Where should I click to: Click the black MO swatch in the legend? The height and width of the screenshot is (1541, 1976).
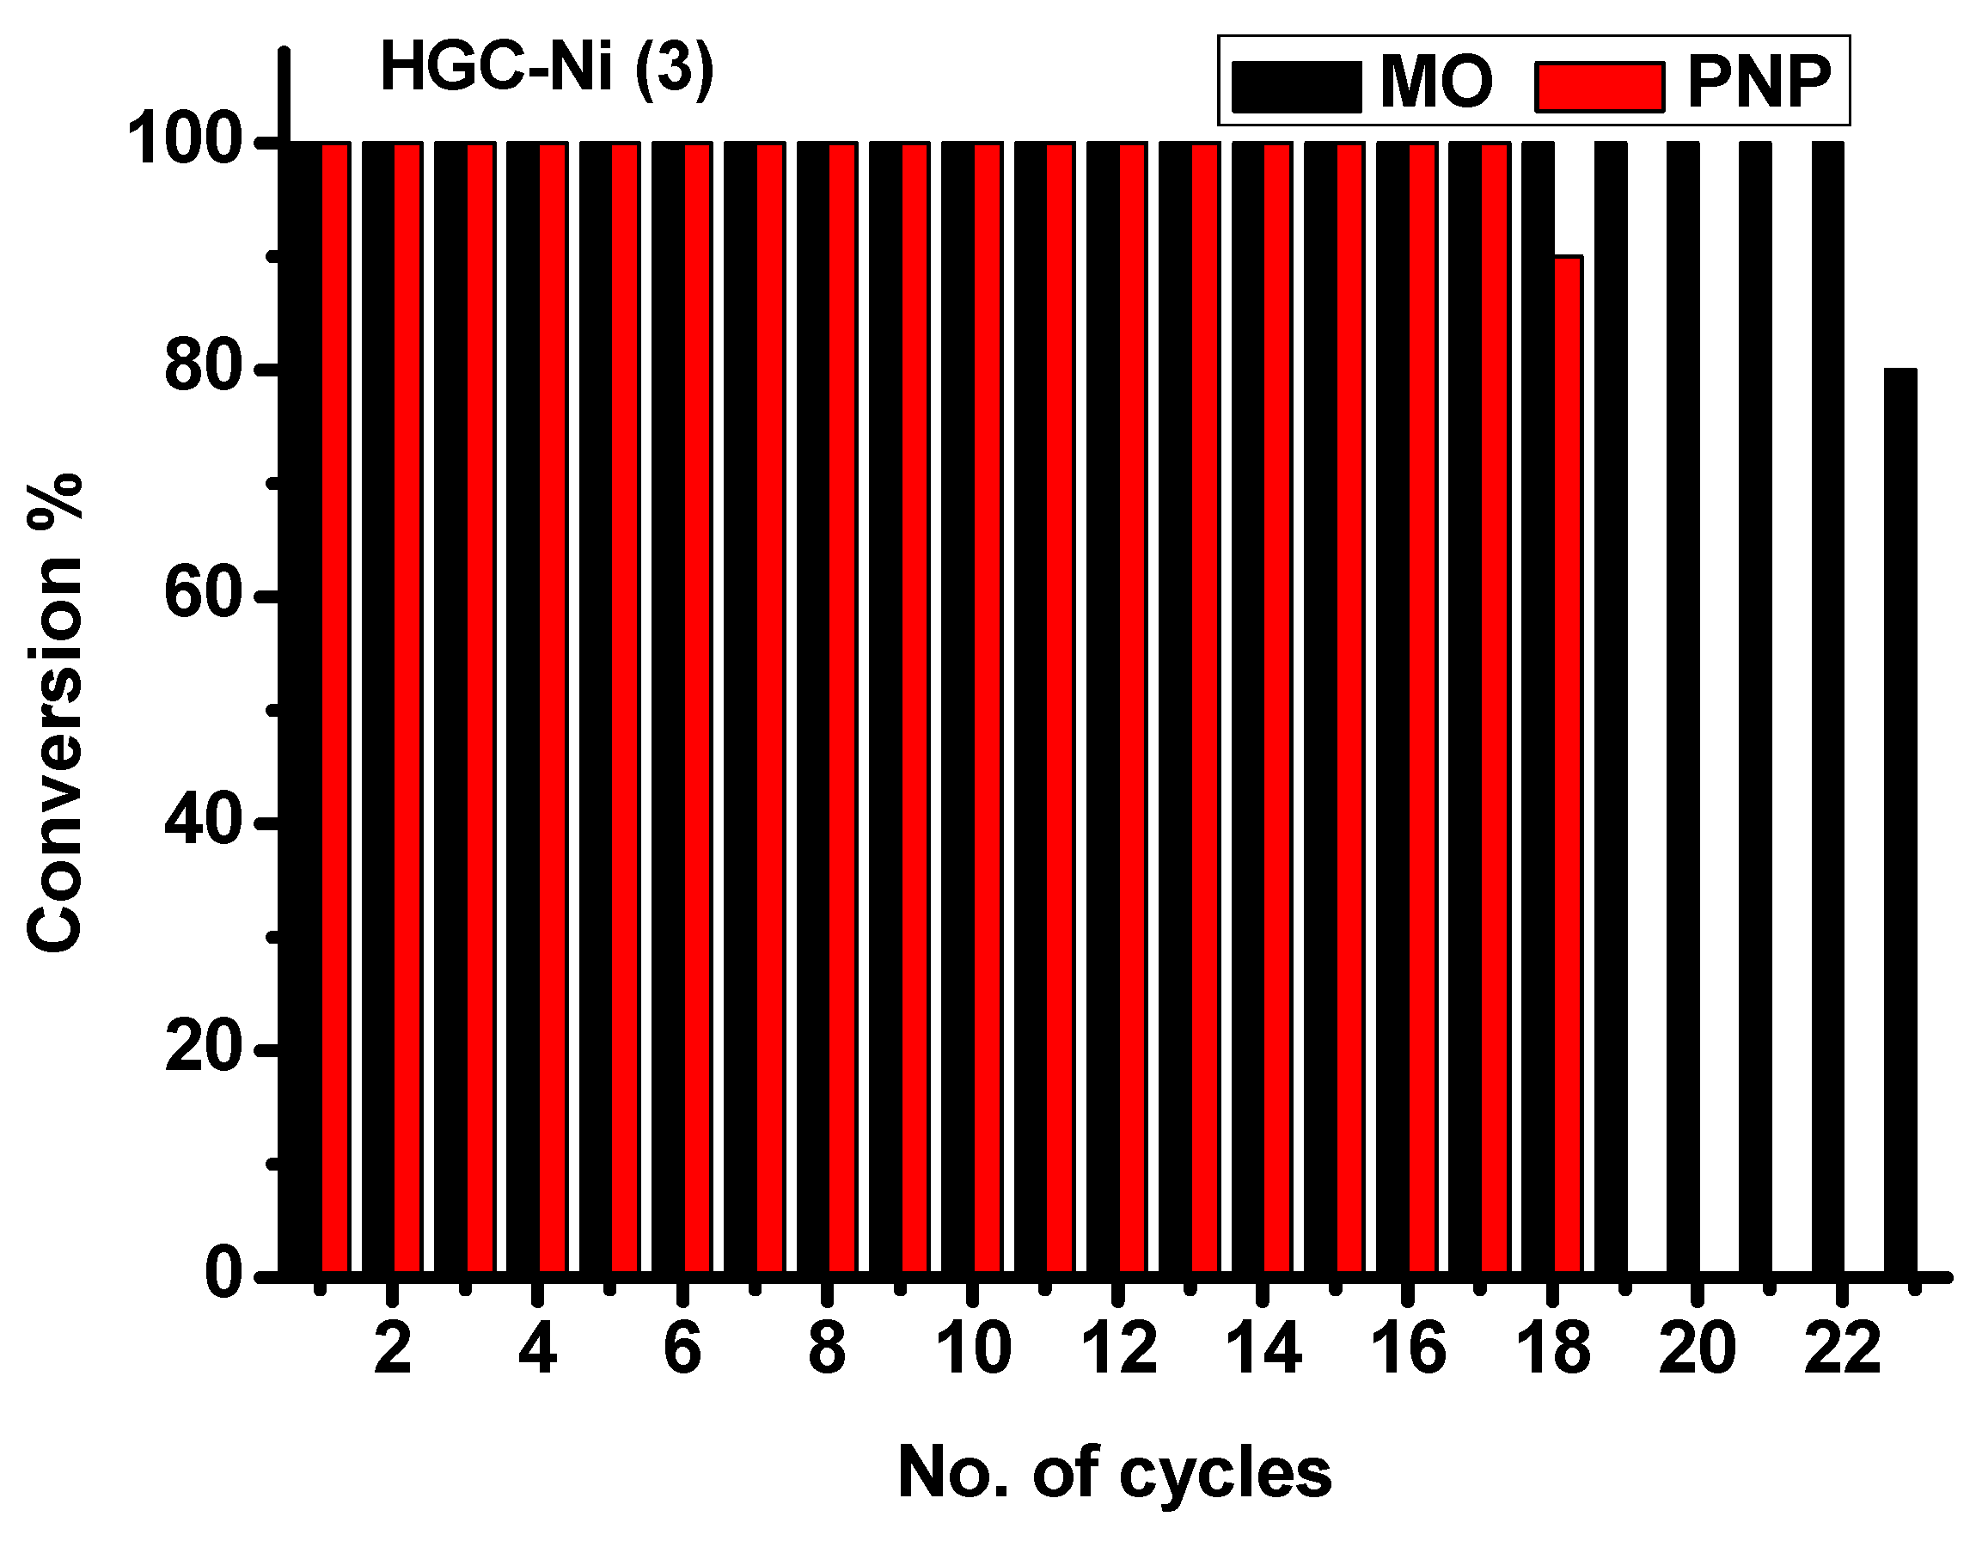[x=1296, y=87]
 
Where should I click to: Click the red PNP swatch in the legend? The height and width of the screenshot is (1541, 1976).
[x=1600, y=87]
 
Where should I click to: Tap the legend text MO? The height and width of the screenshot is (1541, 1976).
[x=1437, y=83]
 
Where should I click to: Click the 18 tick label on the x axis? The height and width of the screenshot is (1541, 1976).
[x=1552, y=1349]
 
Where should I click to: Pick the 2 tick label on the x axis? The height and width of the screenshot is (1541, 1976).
[x=392, y=1349]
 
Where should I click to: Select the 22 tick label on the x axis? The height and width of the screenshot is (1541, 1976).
[x=1842, y=1349]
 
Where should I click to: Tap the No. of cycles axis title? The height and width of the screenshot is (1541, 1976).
[x=1114, y=1472]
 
